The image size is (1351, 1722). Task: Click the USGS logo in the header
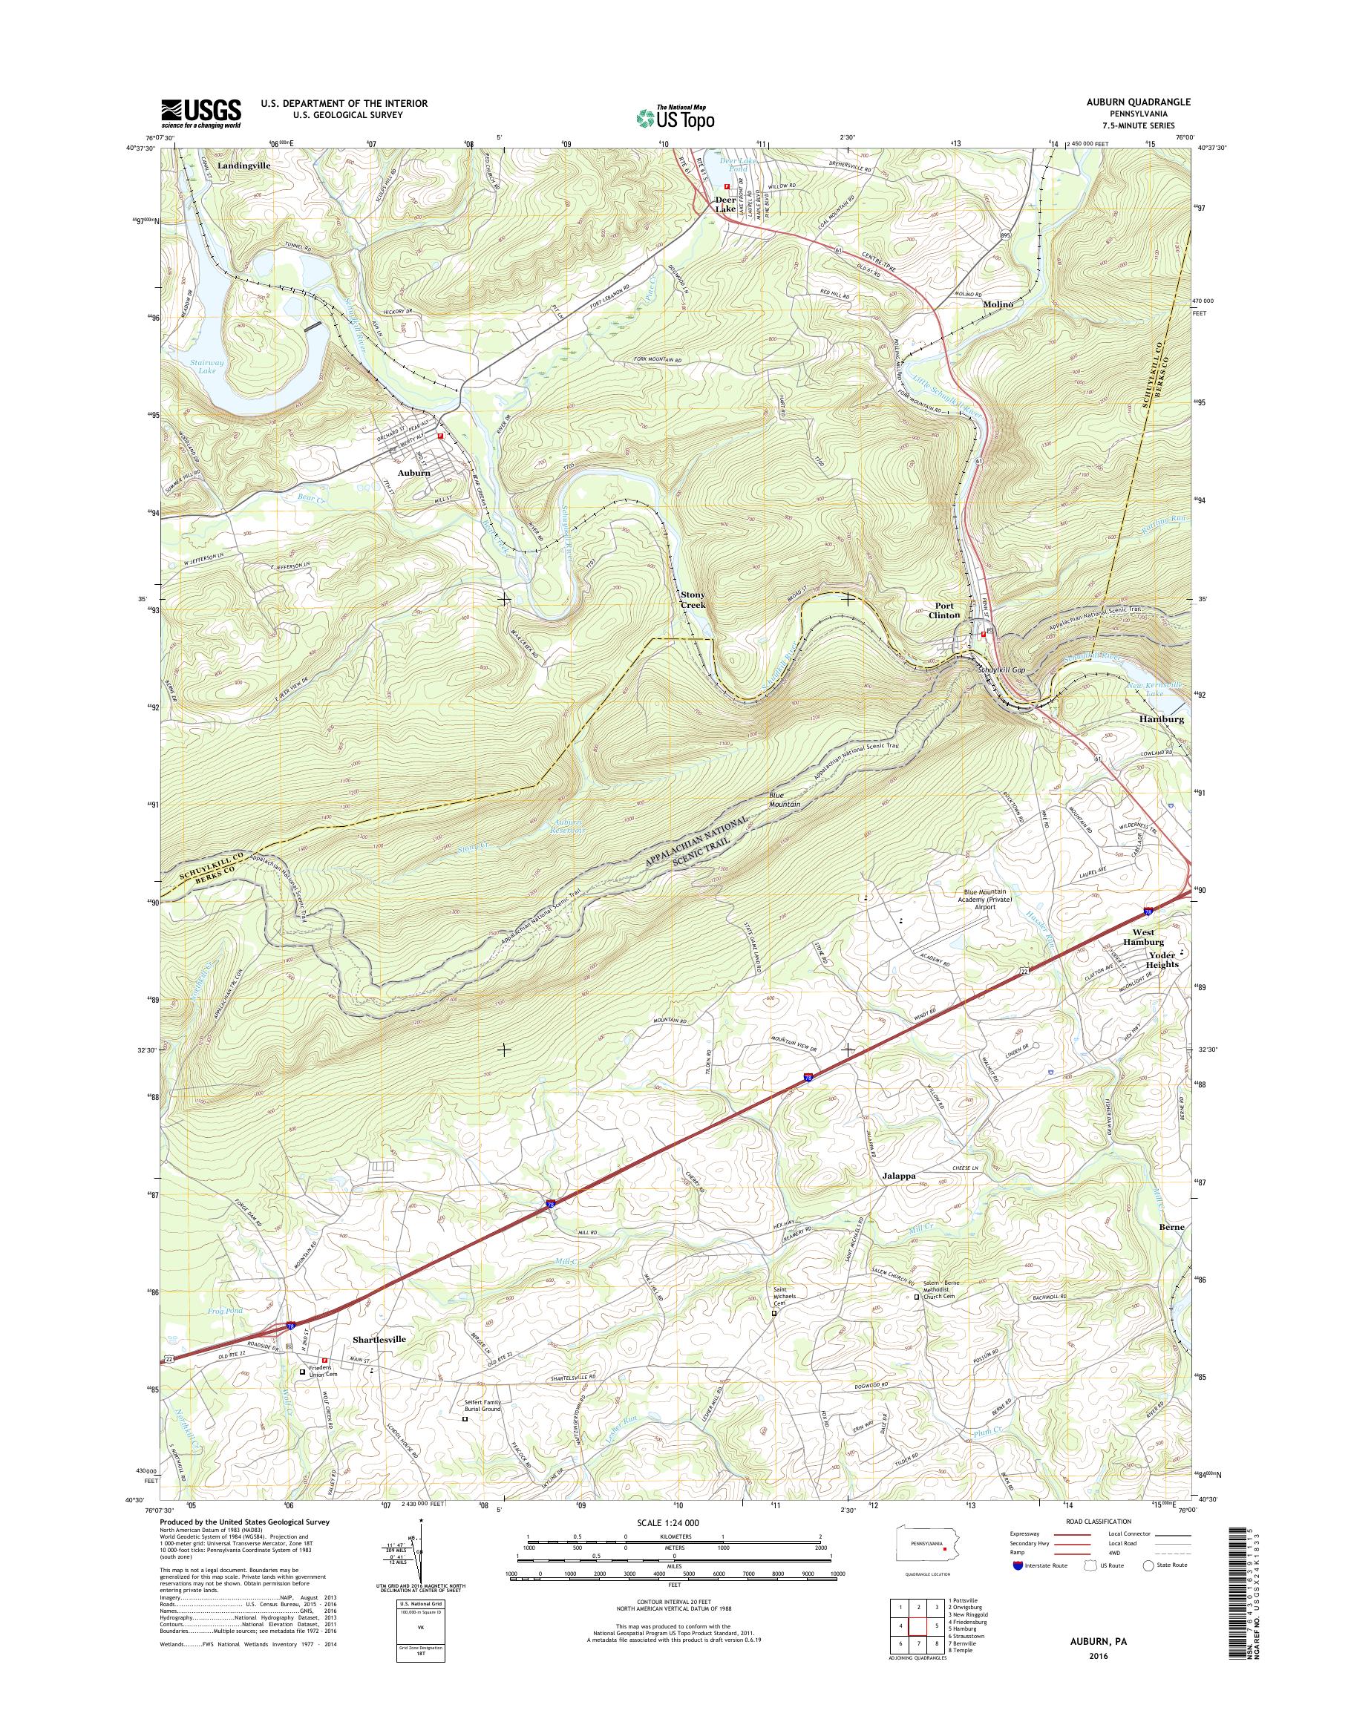201,113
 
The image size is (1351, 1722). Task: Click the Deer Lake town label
724,204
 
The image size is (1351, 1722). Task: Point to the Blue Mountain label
785,799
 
